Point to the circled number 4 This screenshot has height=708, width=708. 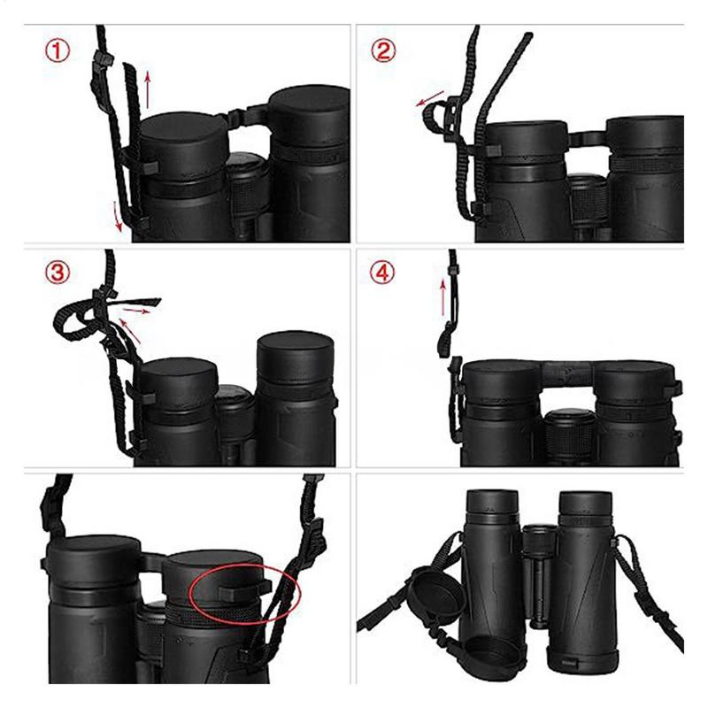382,273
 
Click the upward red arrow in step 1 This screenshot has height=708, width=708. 149,85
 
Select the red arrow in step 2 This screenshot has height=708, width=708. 431,104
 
